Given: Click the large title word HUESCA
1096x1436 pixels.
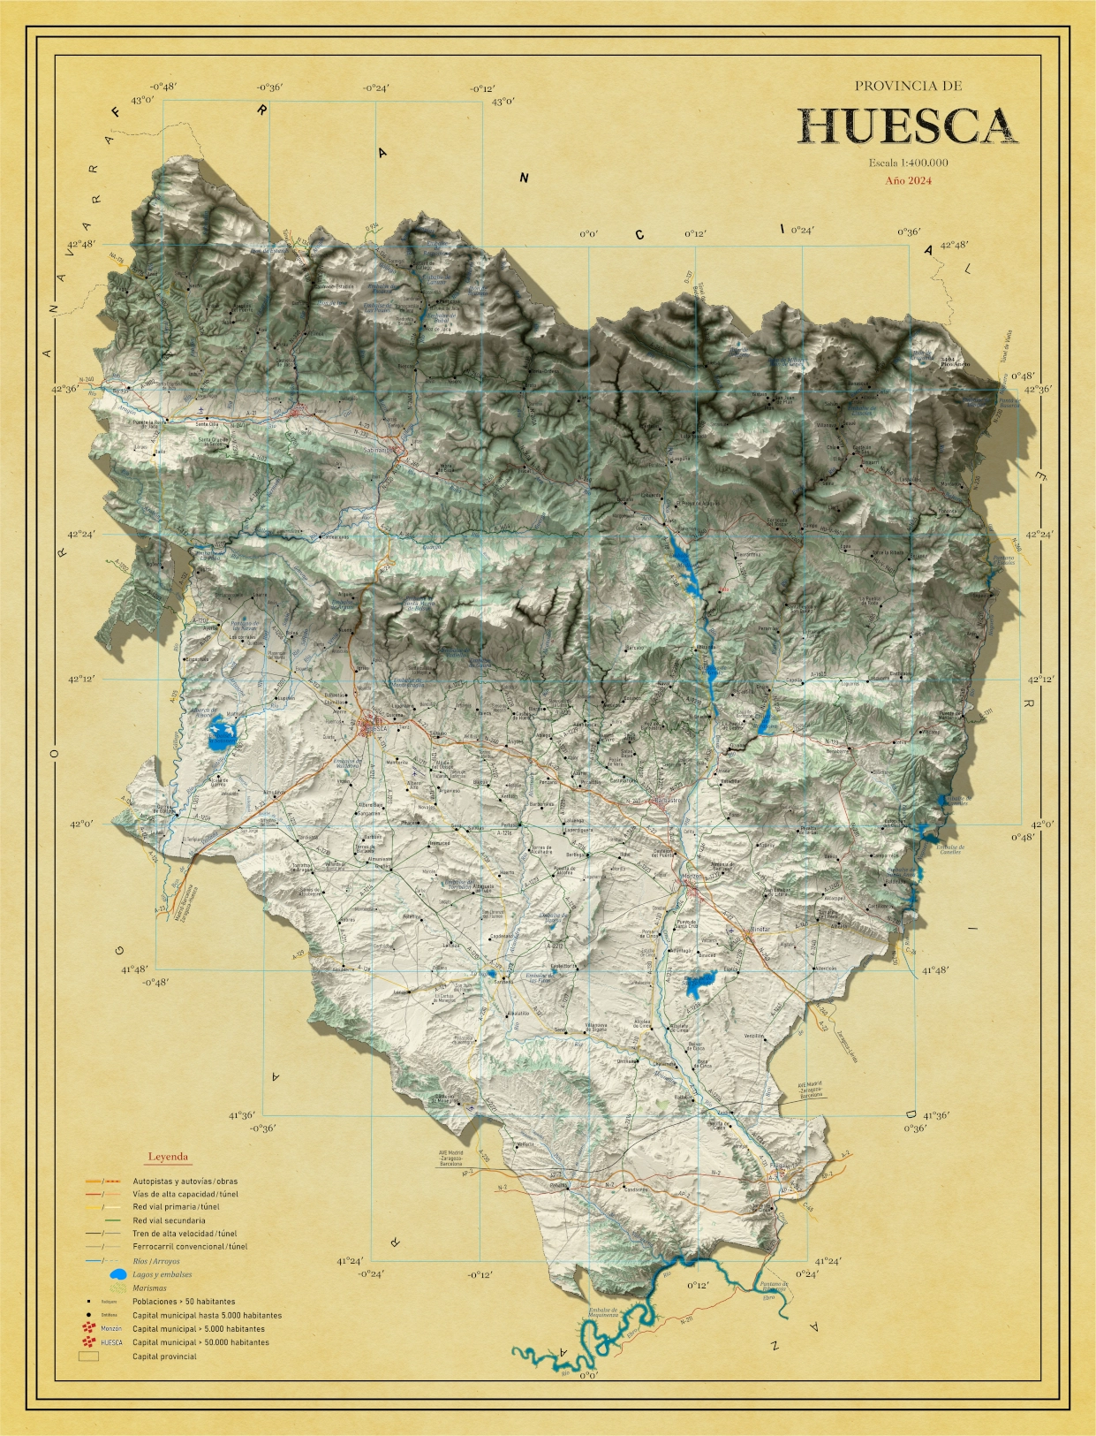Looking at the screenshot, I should click(908, 126).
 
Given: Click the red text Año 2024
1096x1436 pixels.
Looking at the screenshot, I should click(908, 181).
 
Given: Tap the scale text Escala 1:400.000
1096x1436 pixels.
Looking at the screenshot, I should click(908, 163).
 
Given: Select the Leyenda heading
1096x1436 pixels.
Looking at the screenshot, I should click(168, 1156).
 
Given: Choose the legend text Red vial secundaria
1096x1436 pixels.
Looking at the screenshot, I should click(169, 1220).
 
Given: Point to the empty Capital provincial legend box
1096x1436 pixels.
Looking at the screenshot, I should click(88, 1356).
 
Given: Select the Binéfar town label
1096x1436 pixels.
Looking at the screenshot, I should click(760, 930).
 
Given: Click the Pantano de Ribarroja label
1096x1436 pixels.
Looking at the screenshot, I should click(775, 1289).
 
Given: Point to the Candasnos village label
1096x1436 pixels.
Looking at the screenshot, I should click(637, 1189).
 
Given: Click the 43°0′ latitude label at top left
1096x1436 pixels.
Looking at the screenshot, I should click(142, 100).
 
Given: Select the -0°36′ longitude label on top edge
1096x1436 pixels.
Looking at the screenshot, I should click(269, 87).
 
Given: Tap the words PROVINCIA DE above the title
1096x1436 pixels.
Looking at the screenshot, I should click(908, 86).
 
